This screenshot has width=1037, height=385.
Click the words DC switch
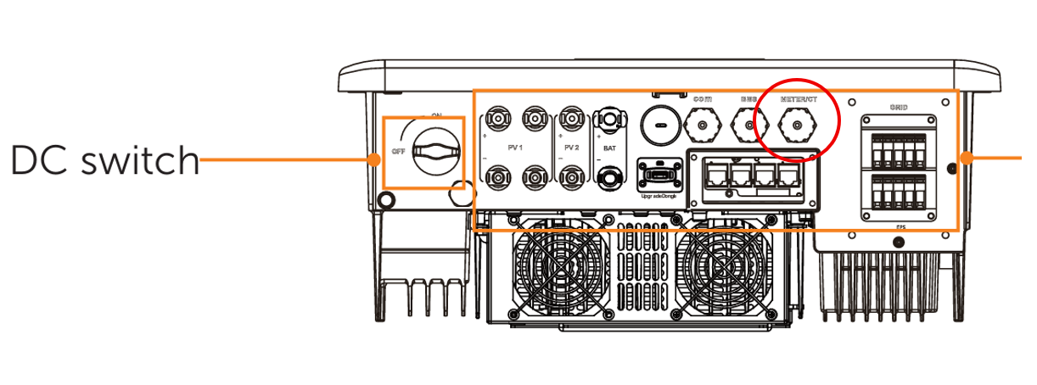(x=104, y=159)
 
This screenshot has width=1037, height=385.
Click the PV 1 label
(x=514, y=147)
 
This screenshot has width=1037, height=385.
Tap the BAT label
(x=609, y=147)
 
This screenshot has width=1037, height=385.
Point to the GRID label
(x=899, y=107)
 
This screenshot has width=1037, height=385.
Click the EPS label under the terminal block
(x=899, y=228)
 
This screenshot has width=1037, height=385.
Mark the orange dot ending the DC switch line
(x=374, y=159)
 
